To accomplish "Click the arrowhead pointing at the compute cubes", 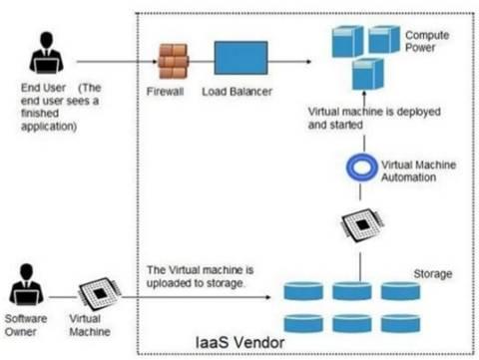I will coord(318,61).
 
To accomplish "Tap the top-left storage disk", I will coord(306,291).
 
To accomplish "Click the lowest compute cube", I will coord(368,77).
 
